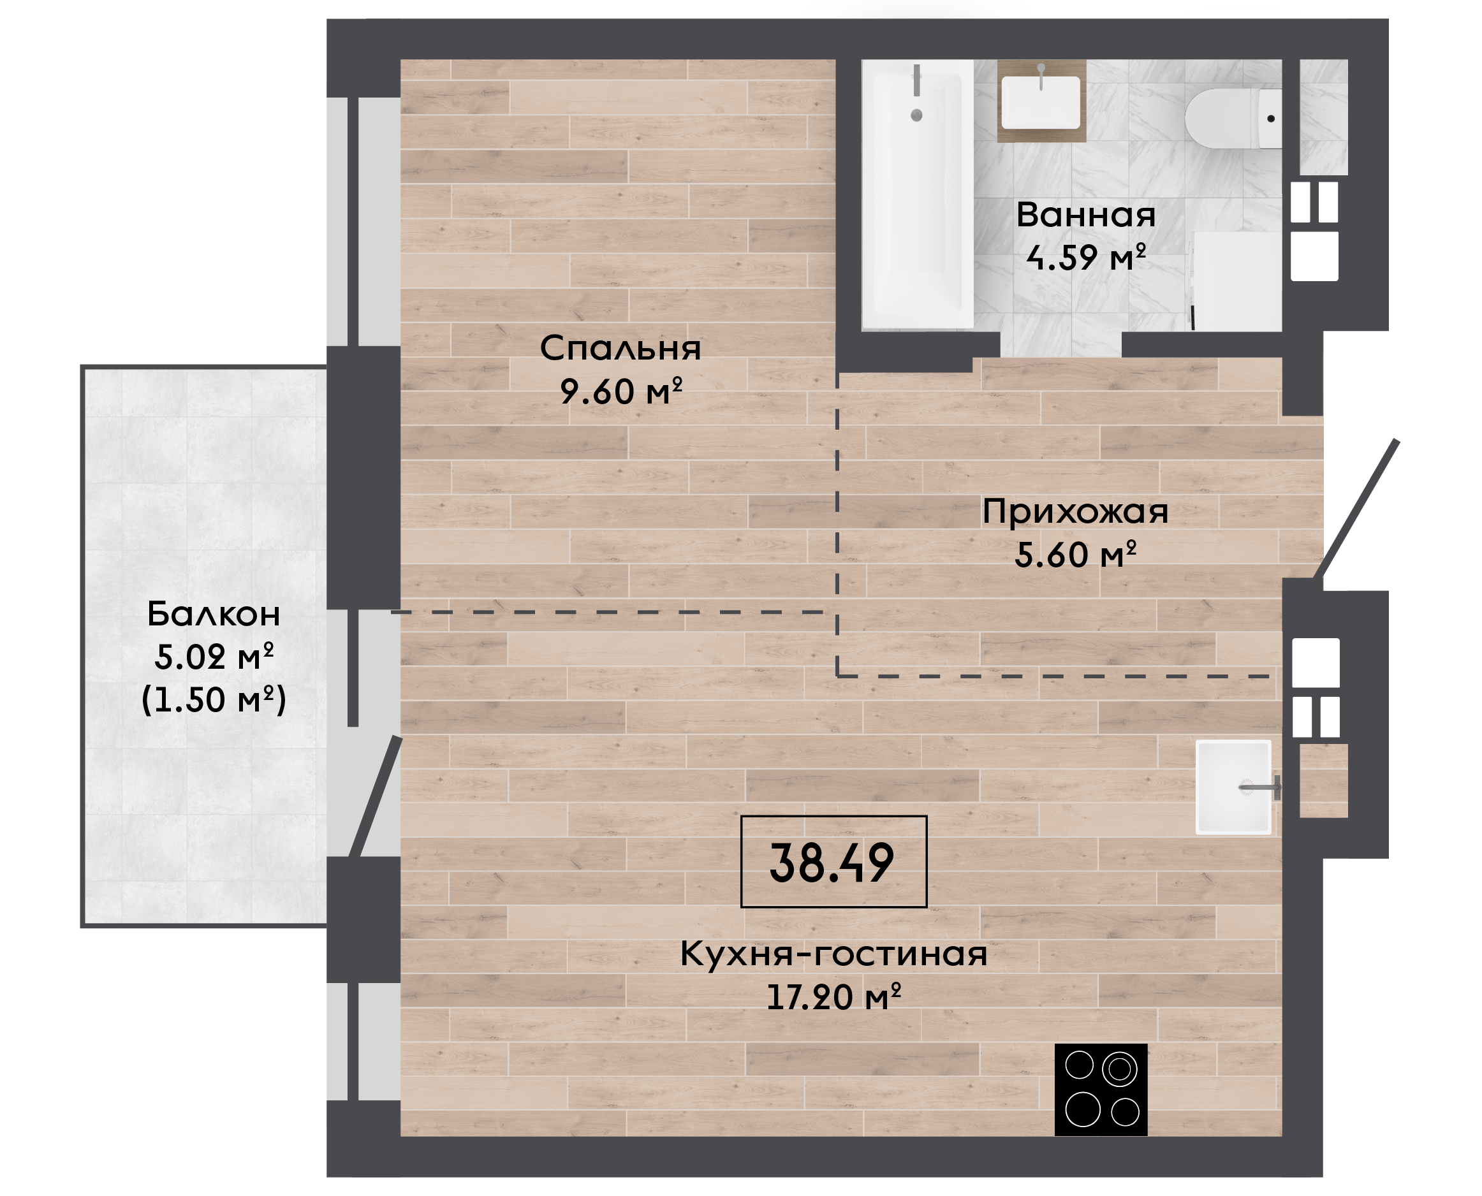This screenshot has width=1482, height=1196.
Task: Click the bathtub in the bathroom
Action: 918,194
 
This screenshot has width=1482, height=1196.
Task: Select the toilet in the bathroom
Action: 1233,119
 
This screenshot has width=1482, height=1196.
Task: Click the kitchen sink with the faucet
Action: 1233,787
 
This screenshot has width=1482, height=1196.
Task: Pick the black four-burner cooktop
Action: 1101,1090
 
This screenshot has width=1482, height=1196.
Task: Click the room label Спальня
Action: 620,349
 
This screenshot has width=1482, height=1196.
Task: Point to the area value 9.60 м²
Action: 620,391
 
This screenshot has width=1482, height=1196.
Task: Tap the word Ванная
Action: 1086,215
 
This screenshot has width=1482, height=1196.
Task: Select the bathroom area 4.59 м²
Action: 1086,258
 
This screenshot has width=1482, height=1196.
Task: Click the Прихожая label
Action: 1075,512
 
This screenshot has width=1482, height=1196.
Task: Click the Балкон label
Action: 214,614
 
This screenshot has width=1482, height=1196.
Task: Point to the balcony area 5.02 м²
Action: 214,657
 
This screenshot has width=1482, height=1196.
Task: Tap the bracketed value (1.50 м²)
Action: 214,700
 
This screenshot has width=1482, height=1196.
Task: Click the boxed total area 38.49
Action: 832,863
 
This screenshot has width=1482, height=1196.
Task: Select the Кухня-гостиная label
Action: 833,955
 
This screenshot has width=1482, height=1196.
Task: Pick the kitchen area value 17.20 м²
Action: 833,998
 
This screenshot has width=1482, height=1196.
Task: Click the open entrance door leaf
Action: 1356,509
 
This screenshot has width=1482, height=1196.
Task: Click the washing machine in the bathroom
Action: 1237,281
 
